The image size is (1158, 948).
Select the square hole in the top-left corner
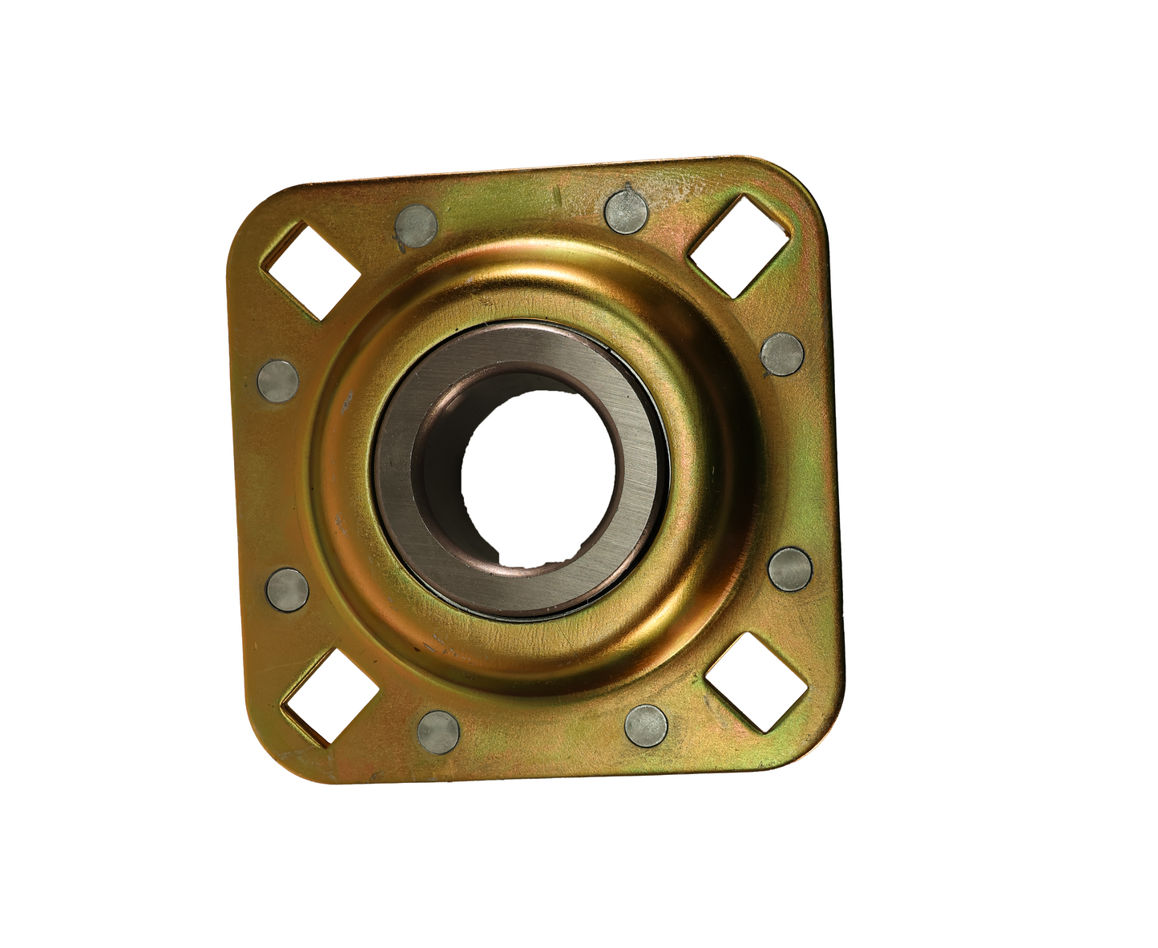(x=313, y=270)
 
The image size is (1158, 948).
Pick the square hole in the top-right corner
(x=740, y=247)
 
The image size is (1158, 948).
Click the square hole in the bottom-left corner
(x=329, y=696)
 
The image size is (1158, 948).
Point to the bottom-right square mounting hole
(x=756, y=681)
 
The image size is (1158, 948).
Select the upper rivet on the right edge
(x=781, y=354)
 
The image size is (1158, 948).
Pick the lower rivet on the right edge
(x=790, y=569)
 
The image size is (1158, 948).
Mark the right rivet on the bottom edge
(x=646, y=725)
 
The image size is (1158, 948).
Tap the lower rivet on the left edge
(x=287, y=589)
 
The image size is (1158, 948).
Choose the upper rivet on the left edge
(x=277, y=380)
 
